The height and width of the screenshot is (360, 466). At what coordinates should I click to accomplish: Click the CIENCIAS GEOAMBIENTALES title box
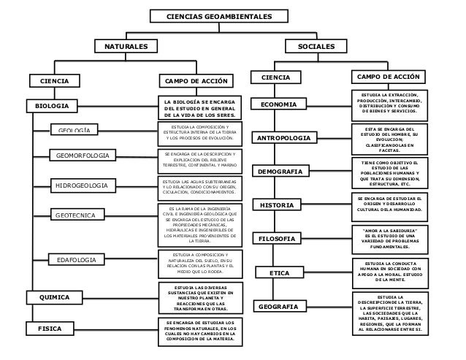[209, 16]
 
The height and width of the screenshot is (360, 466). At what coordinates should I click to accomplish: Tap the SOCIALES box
[317, 47]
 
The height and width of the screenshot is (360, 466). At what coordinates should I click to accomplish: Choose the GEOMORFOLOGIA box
[83, 156]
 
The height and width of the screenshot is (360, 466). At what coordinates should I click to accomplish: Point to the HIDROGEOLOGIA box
[82, 187]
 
